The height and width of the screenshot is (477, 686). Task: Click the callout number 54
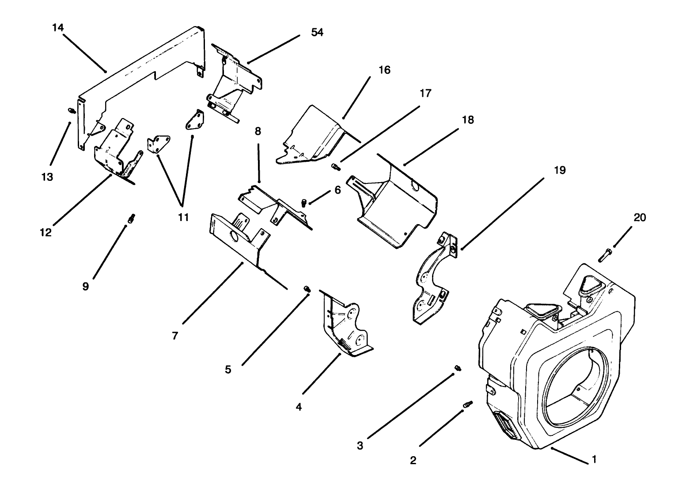click(x=317, y=32)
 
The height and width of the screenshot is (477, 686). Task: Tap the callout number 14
click(x=58, y=27)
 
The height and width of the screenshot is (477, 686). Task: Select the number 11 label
click(x=183, y=218)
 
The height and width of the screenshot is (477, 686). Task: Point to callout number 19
click(x=560, y=170)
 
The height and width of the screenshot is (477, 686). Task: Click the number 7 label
click(x=175, y=336)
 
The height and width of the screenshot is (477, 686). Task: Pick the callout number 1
click(x=594, y=459)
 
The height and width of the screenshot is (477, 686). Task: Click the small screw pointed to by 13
click(x=72, y=111)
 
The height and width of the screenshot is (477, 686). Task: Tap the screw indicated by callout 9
click(x=132, y=218)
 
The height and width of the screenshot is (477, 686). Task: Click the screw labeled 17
click(x=336, y=167)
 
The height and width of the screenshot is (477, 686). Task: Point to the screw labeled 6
click(x=304, y=203)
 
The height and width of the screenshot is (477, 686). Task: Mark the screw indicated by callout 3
click(x=458, y=368)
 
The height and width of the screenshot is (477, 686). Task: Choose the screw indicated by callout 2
click(x=468, y=404)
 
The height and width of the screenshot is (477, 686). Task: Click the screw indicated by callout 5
click(x=307, y=289)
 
